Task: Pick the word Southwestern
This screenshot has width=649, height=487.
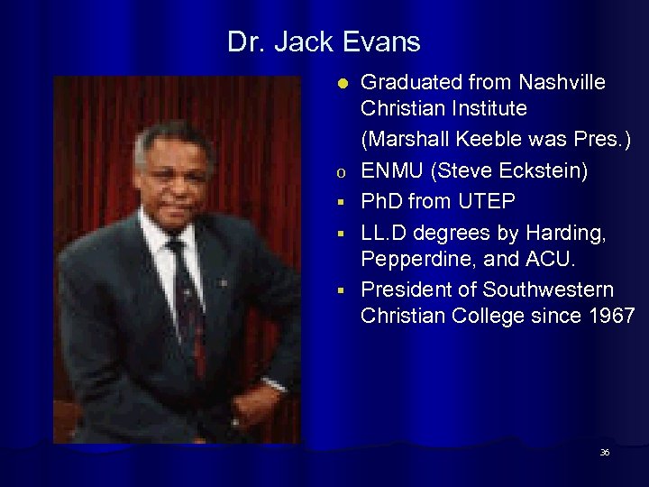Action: (x=549, y=290)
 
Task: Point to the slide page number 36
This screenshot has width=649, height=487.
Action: (x=605, y=452)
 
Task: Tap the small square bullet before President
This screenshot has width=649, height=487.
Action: (x=342, y=291)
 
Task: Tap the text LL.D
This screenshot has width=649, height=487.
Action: (x=385, y=233)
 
